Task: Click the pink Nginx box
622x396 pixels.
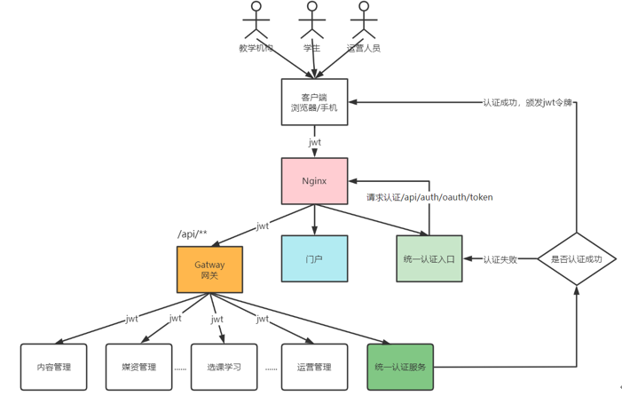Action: [x=314, y=181]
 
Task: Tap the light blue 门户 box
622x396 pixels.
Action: [x=314, y=259]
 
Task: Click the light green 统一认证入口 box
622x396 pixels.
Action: [x=429, y=259]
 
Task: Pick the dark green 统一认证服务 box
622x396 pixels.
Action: [x=400, y=367]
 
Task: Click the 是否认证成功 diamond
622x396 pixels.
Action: [x=577, y=259]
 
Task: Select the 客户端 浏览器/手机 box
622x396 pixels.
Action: [x=314, y=102]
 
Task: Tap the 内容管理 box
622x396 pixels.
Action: [x=54, y=367]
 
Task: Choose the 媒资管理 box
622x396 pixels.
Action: [x=139, y=367]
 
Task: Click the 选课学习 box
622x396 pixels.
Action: [x=224, y=367]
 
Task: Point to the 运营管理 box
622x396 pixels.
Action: [x=314, y=367]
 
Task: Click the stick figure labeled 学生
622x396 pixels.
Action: [x=311, y=21]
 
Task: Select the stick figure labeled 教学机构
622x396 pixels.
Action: [x=256, y=21]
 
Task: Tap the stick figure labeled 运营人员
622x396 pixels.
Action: [x=363, y=21]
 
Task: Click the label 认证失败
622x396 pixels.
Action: [x=500, y=259]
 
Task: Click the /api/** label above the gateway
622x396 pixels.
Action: [x=193, y=234]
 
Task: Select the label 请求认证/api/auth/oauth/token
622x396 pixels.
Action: [x=429, y=197]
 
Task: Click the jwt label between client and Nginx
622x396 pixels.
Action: [x=315, y=142]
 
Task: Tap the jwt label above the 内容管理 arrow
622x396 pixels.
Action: [x=131, y=318]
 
